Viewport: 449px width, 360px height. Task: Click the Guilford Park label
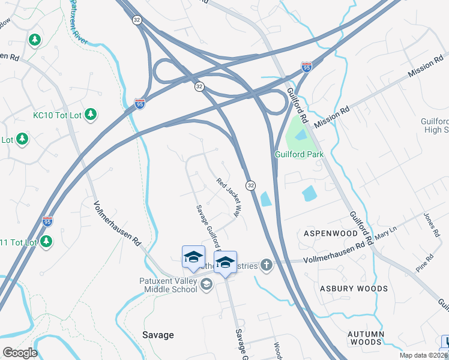[x=299, y=154]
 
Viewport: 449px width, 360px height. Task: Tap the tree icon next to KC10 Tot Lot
[x=91, y=113]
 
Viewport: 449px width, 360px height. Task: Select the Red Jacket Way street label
[x=229, y=197]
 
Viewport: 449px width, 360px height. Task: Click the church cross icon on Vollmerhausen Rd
[x=266, y=265]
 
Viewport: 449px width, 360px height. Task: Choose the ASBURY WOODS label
[x=354, y=289]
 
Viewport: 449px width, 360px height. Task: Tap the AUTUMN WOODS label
[x=366, y=337]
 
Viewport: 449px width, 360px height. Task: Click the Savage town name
[x=158, y=335]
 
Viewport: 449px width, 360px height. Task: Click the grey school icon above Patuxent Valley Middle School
[x=206, y=284]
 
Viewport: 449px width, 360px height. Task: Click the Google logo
[x=20, y=353]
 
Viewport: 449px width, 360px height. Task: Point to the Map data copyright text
[x=423, y=355]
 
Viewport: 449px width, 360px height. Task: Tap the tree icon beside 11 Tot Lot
[x=46, y=242]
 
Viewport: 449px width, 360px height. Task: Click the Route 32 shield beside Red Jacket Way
[x=250, y=185]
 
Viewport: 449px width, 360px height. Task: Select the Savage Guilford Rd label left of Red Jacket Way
[x=207, y=229]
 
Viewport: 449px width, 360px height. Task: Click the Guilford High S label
[x=435, y=125]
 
